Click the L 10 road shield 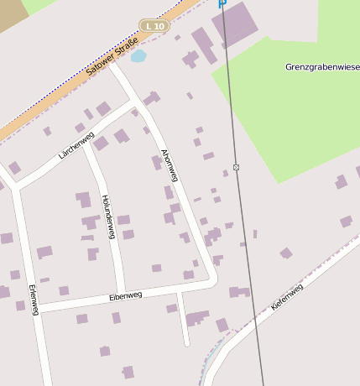154,26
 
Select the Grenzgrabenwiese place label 321,66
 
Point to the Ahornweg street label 170,165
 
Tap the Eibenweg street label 126,295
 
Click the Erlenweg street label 34,299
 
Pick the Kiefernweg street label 287,297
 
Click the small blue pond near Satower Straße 138,56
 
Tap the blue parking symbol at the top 222,3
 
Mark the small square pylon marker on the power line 237,167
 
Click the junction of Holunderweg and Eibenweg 123,292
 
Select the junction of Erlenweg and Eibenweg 37,308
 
